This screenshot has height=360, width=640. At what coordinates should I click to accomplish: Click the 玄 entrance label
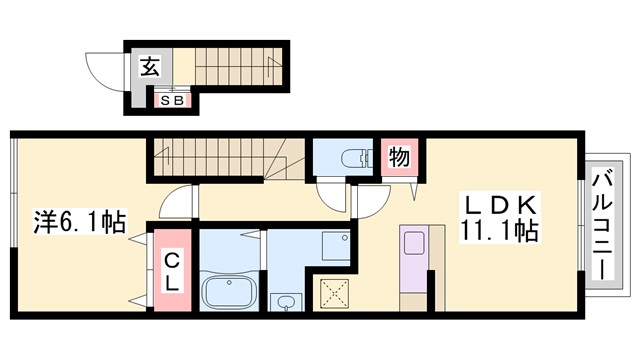pos(149,67)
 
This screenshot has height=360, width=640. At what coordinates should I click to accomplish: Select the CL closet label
pos(173,272)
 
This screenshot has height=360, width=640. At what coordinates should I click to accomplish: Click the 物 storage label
pos(397,158)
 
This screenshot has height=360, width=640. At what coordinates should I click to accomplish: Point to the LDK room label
pos(499,205)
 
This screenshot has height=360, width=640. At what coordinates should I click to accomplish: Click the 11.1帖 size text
pos(501,233)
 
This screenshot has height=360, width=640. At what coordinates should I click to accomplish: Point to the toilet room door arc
pos(331,195)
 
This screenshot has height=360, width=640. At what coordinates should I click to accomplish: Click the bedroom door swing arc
pos(175,205)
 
